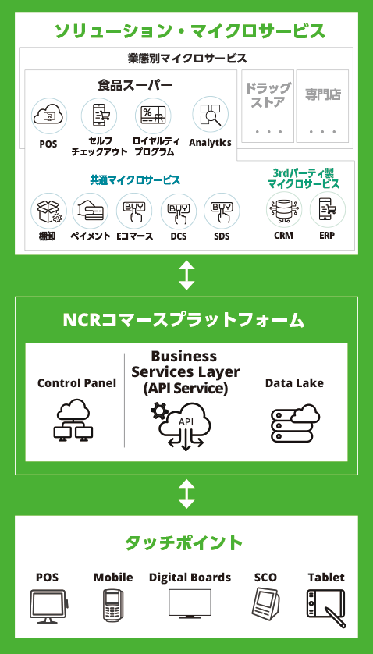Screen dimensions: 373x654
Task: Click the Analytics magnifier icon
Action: coord(210,115)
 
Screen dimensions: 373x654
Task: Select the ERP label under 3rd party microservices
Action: coord(327,236)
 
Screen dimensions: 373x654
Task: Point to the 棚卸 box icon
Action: coord(49,211)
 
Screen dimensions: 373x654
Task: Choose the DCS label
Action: coord(179,236)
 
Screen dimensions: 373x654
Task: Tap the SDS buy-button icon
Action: coord(222,211)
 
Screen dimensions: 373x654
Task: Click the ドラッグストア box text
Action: coord(268,94)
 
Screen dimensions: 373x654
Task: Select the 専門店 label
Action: coord(322,94)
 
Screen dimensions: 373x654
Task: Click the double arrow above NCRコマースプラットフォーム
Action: coord(186,275)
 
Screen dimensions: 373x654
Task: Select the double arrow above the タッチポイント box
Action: coord(186,494)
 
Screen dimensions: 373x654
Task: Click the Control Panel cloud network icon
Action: coord(73,421)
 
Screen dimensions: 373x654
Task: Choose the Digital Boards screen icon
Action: coord(190,603)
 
